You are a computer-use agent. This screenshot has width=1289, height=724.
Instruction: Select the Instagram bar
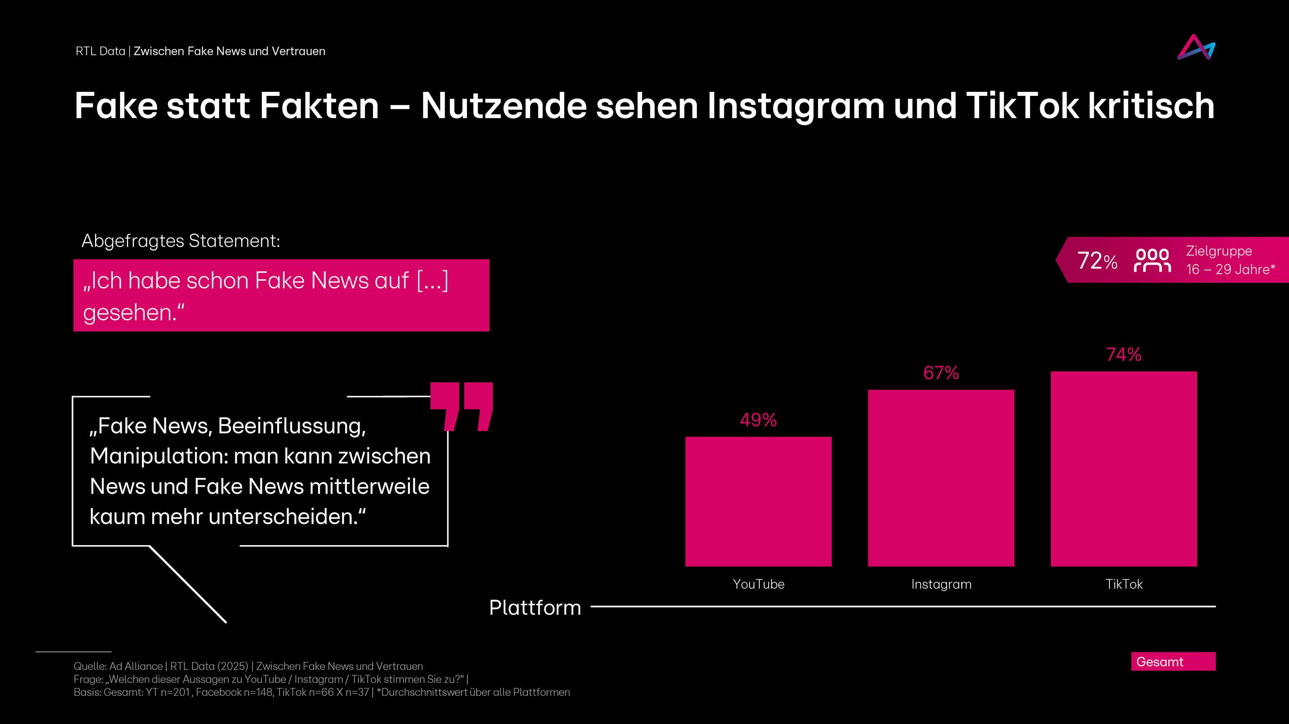(941, 478)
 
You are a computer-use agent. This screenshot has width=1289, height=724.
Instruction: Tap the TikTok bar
(1123, 469)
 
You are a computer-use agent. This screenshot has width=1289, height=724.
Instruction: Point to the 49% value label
(758, 420)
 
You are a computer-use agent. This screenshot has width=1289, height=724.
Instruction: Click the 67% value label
(941, 373)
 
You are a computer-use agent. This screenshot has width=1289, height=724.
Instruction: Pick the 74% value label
(1123, 354)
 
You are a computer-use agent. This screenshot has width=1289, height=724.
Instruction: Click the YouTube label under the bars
(758, 584)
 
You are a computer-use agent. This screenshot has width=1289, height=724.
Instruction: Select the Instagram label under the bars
(941, 584)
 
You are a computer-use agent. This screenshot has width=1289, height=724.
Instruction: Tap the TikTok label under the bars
(1124, 584)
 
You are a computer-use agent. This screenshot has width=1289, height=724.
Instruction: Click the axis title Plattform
(535, 608)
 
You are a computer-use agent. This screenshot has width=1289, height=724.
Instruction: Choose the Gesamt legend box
(1173, 662)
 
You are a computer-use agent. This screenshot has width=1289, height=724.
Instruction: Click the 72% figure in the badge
(1096, 261)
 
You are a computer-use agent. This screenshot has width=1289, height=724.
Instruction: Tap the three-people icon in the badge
(1152, 260)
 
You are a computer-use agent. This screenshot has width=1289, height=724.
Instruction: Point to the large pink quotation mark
(461, 406)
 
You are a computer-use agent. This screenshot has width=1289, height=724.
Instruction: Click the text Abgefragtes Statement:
(180, 241)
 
